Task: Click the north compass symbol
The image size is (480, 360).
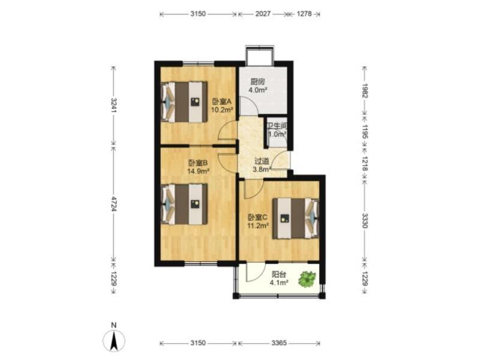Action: coord(114,340)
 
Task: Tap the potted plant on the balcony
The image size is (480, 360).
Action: coord(307,278)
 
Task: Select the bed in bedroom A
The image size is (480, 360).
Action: coord(185,102)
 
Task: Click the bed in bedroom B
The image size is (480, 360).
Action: coord(185,204)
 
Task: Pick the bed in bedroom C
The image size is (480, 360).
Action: coord(296,218)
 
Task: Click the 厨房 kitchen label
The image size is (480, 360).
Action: coord(257,82)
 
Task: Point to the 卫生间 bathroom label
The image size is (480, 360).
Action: coord(277,126)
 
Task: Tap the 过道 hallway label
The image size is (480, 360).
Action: coord(262,161)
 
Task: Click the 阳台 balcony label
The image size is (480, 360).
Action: coord(279,275)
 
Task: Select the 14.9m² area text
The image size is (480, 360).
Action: coord(198,171)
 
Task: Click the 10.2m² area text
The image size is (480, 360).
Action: coord(222,110)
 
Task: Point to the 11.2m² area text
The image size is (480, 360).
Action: coord(258,226)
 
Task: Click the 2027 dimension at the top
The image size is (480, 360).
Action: coord(263,14)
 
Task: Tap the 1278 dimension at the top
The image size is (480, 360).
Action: coord(304,14)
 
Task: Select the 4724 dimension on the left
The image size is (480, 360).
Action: coord(114,203)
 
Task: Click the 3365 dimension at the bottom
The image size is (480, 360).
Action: coord(279,343)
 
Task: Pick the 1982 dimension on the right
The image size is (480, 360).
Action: coord(365,91)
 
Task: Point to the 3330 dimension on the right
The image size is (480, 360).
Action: coord(365,220)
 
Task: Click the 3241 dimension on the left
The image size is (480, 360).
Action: coord(114,105)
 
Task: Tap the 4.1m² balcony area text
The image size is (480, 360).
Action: coord(279,283)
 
